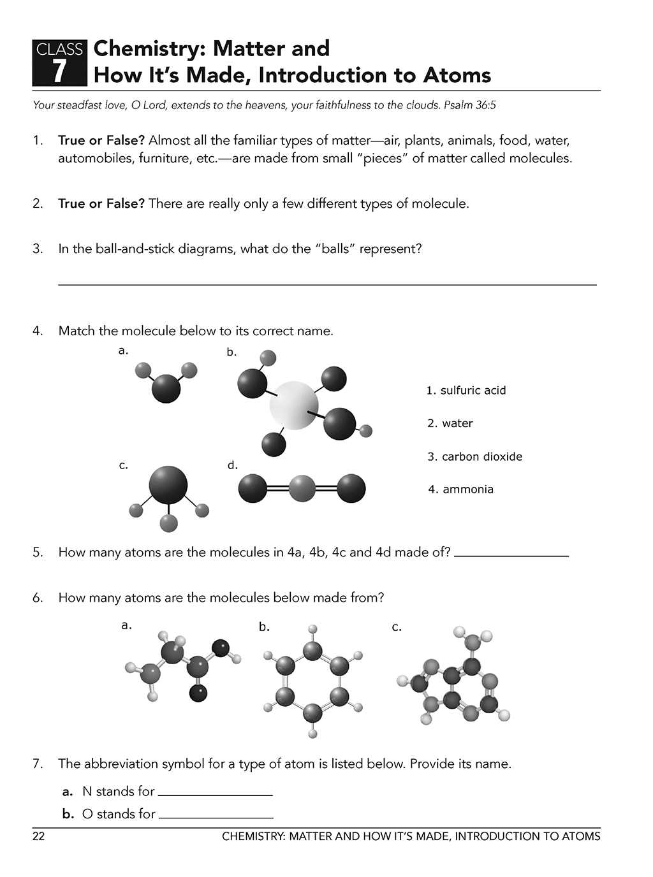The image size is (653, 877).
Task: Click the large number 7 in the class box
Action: [x=59, y=71]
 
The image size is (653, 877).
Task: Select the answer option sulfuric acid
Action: [x=466, y=390]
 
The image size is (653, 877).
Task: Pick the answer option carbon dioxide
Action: [x=475, y=456]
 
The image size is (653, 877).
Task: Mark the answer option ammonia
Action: [x=461, y=489]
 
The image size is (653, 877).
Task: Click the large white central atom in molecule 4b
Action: [x=293, y=405]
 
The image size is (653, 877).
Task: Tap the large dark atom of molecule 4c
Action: [x=168, y=485]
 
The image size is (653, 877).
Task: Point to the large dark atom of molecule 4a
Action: [x=166, y=388]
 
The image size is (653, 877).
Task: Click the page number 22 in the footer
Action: [x=39, y=836]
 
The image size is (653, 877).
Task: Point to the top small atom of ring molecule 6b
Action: [x=312, y=630]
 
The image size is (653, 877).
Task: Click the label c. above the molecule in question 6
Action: [x=397, y=627]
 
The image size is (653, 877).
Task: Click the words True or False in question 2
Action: [x=101, y=204]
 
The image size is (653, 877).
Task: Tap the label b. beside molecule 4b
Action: [x=231, y=352]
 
